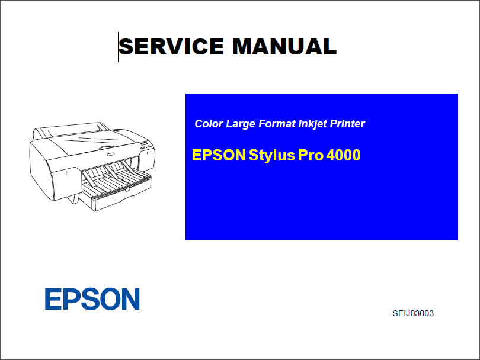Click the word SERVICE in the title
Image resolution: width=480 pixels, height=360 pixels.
pos(171,47)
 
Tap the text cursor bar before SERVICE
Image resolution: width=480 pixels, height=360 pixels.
pos(119,47)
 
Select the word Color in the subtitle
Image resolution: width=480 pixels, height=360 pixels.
pos(208,124)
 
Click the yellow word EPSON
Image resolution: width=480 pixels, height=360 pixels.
pos(219,156)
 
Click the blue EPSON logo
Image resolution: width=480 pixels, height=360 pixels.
pos(92,300)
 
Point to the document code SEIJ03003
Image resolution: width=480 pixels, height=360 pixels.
pos(413,314)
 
